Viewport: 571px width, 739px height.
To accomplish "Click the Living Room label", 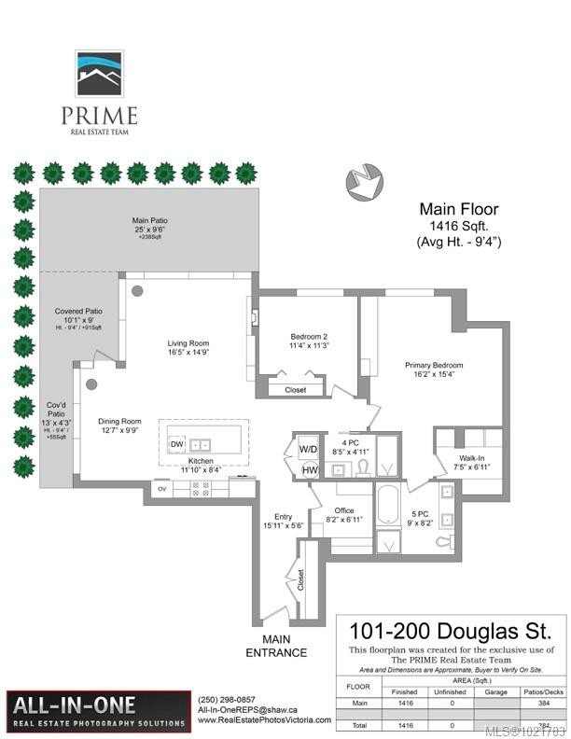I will [187, 347].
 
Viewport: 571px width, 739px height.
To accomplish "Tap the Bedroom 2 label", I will [308, 341].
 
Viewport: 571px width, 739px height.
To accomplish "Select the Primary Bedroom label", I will [434, 370].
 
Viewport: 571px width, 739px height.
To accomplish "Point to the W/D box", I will [308, 449].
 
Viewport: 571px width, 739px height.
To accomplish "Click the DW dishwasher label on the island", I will [176, 444].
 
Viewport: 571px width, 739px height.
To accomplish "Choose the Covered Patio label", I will [78, 315].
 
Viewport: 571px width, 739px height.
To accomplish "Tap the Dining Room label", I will [119, 425].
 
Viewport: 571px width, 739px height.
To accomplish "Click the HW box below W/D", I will [309, 470].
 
